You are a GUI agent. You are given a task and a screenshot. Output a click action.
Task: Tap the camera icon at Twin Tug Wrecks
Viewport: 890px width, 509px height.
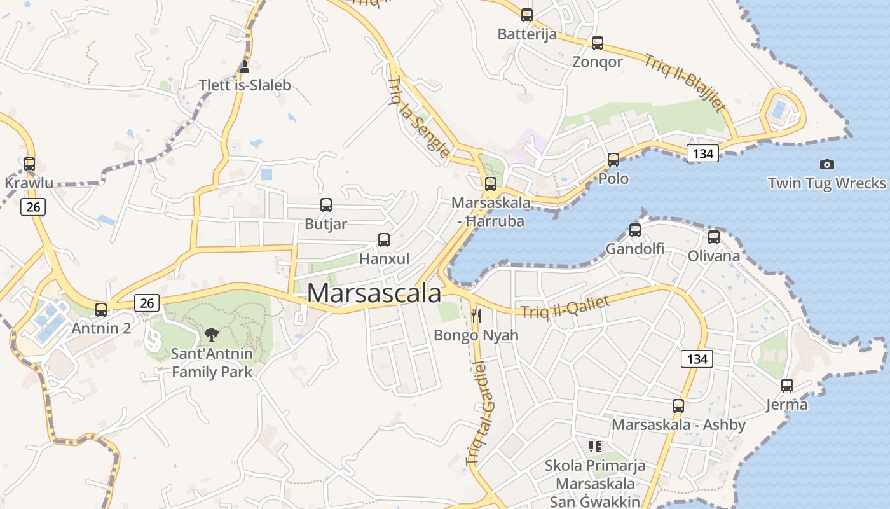click(826, 164)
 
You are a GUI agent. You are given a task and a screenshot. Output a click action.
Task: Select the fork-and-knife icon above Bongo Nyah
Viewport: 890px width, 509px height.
click(476, 316)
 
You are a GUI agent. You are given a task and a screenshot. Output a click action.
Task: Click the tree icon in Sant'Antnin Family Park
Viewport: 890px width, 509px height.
click(212, 335)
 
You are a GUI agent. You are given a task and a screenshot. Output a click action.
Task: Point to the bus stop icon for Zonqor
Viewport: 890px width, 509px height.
click(597, 43)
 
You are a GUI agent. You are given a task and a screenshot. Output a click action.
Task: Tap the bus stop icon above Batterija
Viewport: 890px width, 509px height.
click(526, 15)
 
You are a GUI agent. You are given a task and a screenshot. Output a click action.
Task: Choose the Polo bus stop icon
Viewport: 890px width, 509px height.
click(613, 160)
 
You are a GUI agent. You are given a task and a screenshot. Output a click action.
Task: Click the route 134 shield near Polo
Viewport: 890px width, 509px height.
click(702, 153)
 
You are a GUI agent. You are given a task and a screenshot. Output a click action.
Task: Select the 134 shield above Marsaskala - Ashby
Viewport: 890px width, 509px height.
click(697, 359)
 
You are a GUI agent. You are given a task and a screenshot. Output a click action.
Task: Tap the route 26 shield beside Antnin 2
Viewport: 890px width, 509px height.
click(147, 303)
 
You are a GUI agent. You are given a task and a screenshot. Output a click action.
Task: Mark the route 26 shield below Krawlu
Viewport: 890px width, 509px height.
click(33, 206)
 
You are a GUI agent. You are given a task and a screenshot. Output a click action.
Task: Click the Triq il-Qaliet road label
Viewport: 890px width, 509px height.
click(565, 307)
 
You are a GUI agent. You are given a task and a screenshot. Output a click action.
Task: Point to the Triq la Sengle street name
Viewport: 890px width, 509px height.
click(418, 117)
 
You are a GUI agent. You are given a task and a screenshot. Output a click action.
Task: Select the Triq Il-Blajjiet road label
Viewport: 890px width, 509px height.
click(685, 83)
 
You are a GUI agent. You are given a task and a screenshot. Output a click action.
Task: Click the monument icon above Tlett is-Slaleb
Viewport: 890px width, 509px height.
click(245, 67)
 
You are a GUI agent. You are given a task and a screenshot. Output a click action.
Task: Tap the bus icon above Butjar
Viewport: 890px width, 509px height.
click(326, 205)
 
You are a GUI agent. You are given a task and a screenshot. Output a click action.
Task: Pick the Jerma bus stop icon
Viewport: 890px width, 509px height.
click(787, 386)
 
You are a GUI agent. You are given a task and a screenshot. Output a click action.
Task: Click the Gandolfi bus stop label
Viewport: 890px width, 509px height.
click(634, 249)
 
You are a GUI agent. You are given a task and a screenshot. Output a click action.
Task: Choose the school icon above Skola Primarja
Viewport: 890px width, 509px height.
click(594, 447)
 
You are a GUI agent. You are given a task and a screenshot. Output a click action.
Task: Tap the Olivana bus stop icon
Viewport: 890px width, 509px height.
click(714, 237)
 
